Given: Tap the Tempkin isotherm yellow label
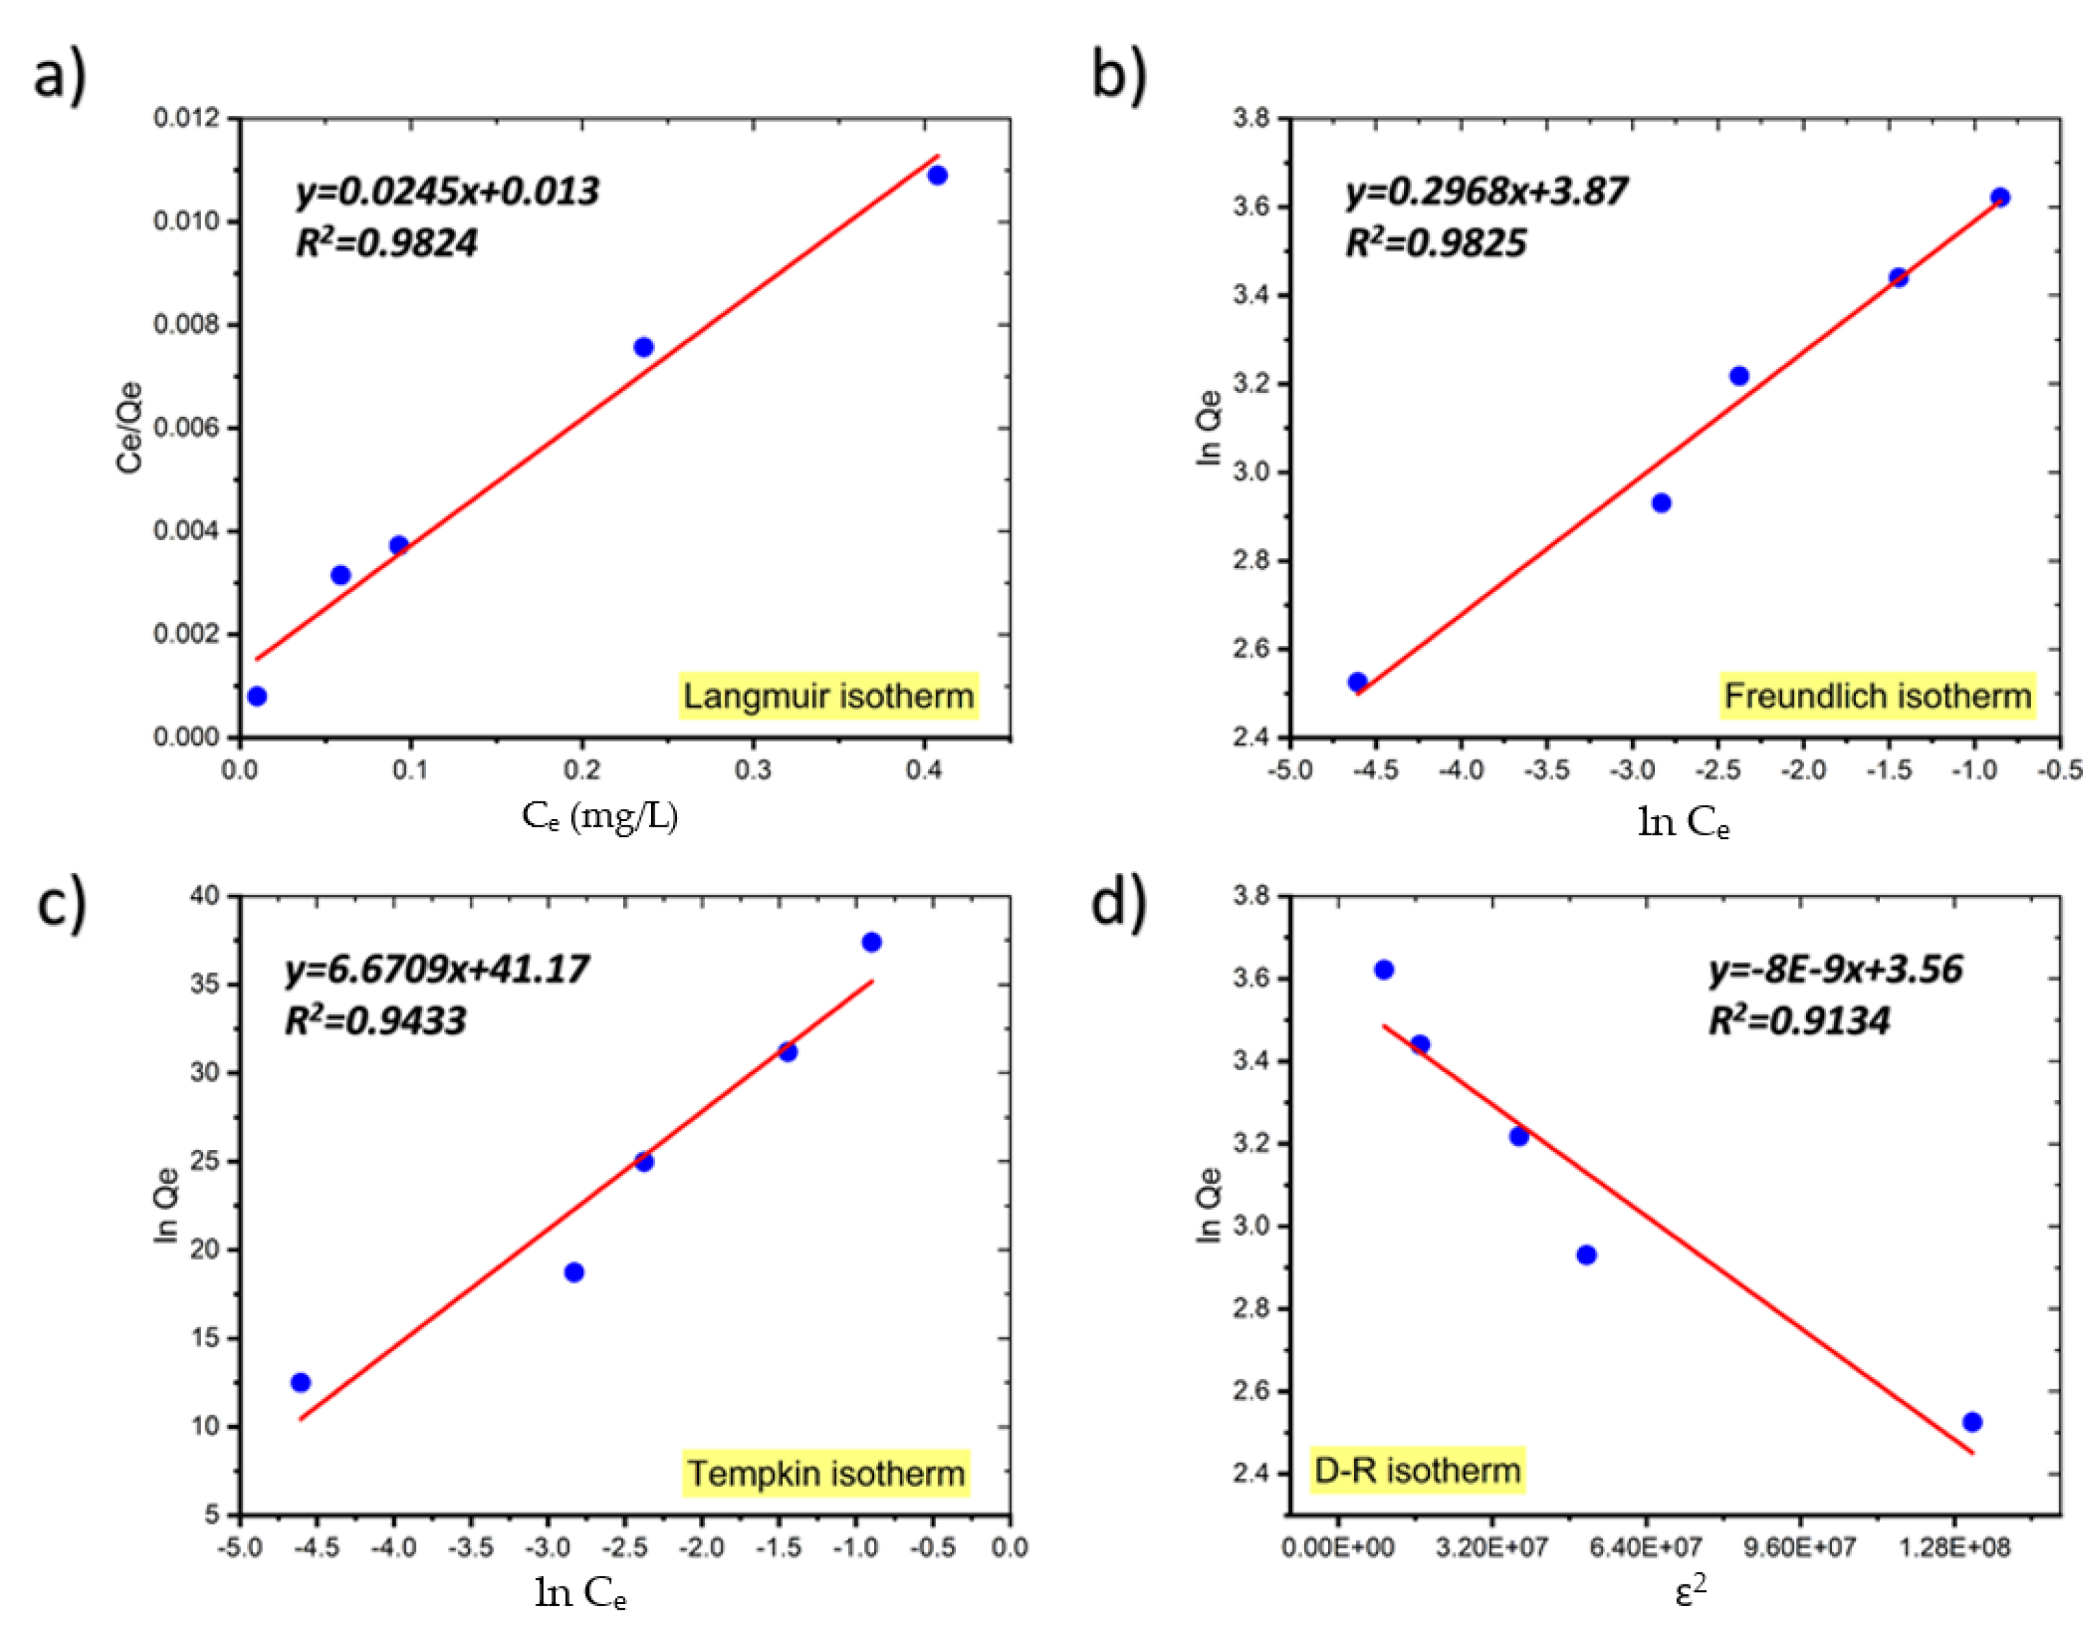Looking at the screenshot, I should pyautogui.click(x=826, y=1472).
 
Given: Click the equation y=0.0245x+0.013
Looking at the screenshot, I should pyautogui.click(x=447, y=192).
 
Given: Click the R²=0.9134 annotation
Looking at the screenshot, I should pyautogui.click(x=1798, y=1020).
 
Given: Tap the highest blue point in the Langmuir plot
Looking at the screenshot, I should pyautogui.click(x=937, y=175).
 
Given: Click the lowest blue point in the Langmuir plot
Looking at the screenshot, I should pyautogui.click(x=257, y=696).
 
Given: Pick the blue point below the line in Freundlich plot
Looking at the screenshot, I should pyautogui.click(x=1662, y=503).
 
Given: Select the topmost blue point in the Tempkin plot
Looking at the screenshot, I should pyautogui.click(x=872, y=942).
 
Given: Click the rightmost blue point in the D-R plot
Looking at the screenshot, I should pyautogui.click(x=1972, y=1422).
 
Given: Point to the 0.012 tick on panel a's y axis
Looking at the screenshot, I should pyautogui.click(x=187, y=118).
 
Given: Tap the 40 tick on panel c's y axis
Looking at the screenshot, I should pyautogui.click(x=206, y=895).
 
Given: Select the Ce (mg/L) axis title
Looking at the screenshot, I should pyautogui.click(x=600, y=816).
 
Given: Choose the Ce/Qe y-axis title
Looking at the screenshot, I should pyautogui.click(x=130, y=428).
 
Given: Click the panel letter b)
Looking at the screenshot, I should pyautogui.click(x=1118, y=75).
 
